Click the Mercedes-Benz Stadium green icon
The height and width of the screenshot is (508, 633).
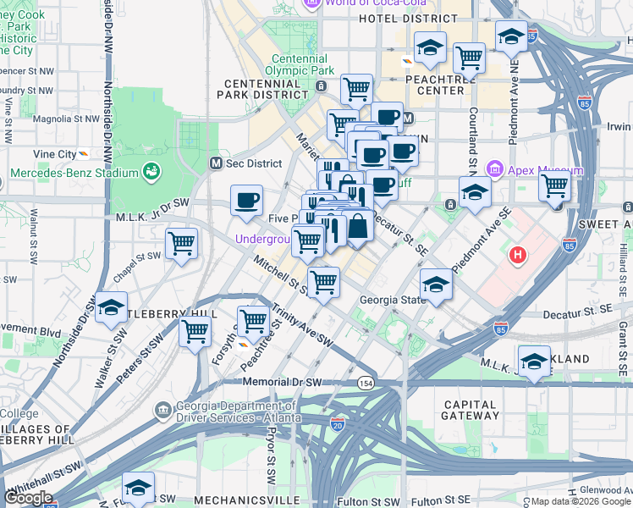152,173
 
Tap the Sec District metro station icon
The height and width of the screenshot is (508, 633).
216,163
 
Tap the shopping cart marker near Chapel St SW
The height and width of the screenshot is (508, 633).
182,244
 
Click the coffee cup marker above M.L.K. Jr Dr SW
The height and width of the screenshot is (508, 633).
246,201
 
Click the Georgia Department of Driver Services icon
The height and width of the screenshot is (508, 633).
162,411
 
